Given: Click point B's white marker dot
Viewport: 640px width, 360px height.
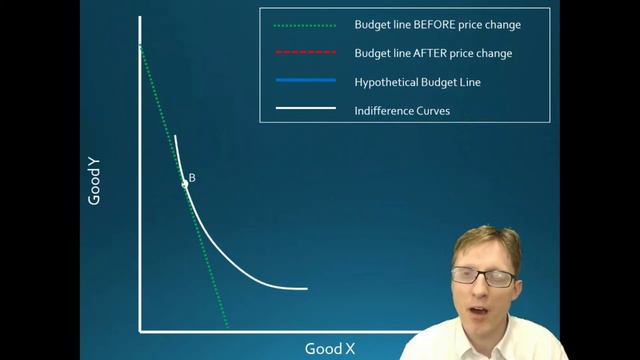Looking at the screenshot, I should [x=185, y=184].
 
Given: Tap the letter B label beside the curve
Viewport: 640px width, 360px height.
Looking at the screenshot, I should [x=192, y=178].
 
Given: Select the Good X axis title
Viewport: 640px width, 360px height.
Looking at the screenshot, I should [x=329, y=348].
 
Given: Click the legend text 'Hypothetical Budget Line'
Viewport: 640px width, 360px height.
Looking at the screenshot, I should [x=417, y=82].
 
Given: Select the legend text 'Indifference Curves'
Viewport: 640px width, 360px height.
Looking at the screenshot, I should [x=402, y=110].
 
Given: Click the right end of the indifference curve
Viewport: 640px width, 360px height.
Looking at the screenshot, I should [x=306, y=289].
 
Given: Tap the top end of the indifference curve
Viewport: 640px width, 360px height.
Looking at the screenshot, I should [x=175, y=136].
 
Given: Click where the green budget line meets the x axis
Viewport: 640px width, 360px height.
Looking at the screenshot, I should [x=228, y=328].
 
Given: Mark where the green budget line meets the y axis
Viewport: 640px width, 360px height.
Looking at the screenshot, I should [x=141, y=46].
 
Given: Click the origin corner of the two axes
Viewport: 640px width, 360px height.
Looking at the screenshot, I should [x=141, y=330].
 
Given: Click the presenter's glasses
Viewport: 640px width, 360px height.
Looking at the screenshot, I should [x=485, y=275].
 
